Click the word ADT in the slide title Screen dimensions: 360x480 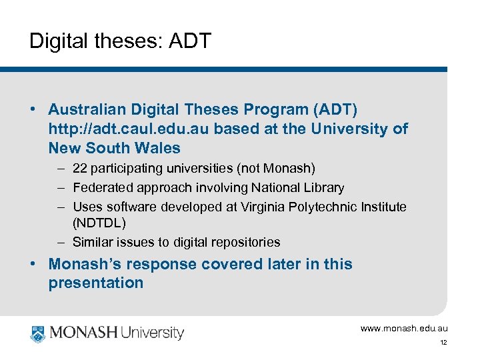coord(190,41)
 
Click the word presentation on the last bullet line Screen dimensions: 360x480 coord(95,283)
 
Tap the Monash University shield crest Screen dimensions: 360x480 coord(38,333)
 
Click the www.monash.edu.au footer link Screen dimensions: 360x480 coord(404,328)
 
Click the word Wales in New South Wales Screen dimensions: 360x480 coord(159,147)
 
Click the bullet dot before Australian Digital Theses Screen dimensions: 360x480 coord(33,109)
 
